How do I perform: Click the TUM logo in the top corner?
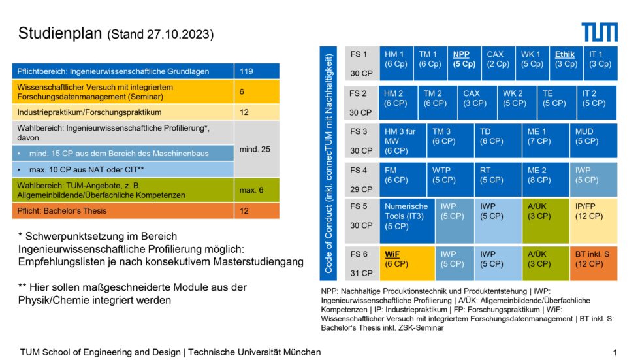tap(599, 31)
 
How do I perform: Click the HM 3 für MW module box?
tap(402, 140)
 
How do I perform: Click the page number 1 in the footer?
tap(615, 352)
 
